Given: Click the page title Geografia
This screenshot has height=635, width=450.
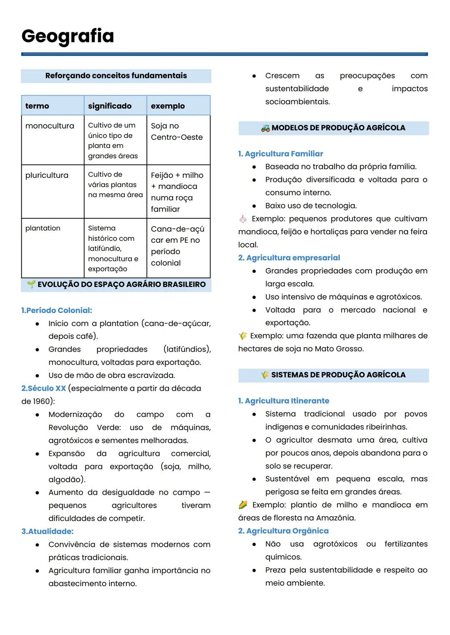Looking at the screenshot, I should [67, 36].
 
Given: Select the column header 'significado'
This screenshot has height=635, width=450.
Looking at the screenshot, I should [110, 106].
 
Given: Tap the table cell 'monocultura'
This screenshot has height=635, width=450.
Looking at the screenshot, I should [50, 126].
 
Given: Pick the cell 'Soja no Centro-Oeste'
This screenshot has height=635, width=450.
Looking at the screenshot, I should [177, 132].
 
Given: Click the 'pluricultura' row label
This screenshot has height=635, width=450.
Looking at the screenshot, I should [47, 175].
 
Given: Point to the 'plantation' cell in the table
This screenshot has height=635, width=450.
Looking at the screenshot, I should [42, 228].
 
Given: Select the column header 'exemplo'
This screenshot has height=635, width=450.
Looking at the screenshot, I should [167, 106].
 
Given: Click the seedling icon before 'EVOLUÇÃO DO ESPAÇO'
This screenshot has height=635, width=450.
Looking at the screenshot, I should [31, 284].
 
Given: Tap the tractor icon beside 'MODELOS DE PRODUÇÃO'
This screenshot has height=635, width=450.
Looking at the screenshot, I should [265, 128].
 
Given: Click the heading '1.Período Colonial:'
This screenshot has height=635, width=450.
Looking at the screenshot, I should [57, 310].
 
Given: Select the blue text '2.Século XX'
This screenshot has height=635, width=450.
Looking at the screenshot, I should [44, 388].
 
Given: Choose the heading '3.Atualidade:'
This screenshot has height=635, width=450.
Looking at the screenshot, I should [47, 531].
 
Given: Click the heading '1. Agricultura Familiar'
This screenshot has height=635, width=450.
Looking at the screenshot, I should [280, 154].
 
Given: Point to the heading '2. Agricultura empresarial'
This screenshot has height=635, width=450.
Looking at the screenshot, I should [289, 258].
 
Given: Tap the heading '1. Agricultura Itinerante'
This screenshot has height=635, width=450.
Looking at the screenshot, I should [283, 401].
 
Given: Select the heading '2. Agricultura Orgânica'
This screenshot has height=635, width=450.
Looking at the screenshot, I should [283, 531].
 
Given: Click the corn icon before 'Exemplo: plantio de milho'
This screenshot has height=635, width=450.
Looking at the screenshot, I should [243, 505].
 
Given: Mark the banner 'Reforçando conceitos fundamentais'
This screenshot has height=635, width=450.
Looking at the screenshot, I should [116, 76].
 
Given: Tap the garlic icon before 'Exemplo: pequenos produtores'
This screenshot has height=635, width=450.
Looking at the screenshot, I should [243, 219].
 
